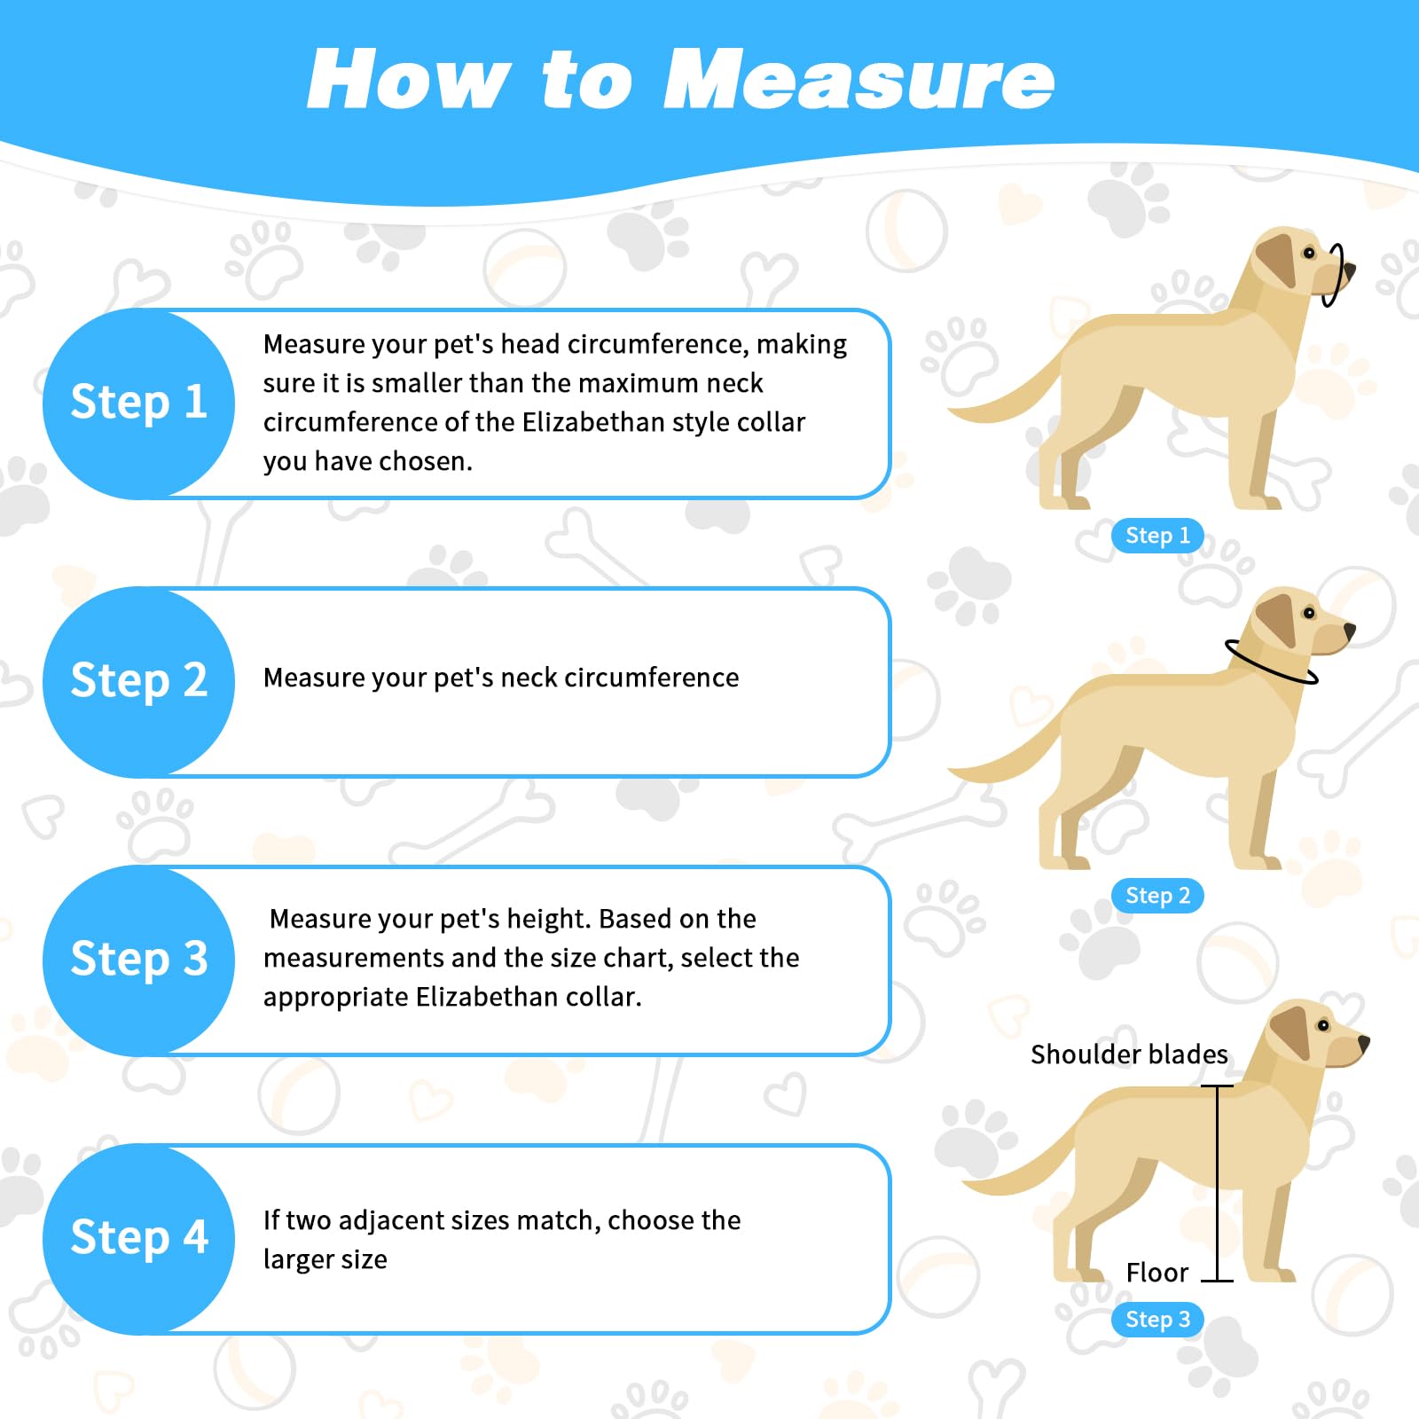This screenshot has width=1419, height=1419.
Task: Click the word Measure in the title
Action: [x=858, y=80]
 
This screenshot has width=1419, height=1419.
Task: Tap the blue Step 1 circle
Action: [x=138, y=404]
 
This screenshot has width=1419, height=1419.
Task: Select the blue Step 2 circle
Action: [x=138, y=682]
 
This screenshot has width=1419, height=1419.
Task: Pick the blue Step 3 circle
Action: [x=138, y=960]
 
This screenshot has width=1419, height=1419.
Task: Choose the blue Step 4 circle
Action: [x=138, y=1239]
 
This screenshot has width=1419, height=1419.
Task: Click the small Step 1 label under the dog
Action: [x=1157, y=536]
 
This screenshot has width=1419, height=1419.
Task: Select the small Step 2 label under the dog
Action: [x=1157, y=896]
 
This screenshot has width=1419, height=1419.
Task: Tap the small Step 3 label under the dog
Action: [x=1157, y=1320]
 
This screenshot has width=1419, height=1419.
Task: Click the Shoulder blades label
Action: [x=1129, y=1054]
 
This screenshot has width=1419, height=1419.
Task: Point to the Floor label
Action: [x=1157, y=1273]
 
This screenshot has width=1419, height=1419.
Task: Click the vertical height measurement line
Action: [x=1217, y=1183]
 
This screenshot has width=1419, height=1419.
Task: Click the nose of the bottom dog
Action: [x=1364, y=1043]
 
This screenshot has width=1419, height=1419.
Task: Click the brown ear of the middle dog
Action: [x=1278, y=618]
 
